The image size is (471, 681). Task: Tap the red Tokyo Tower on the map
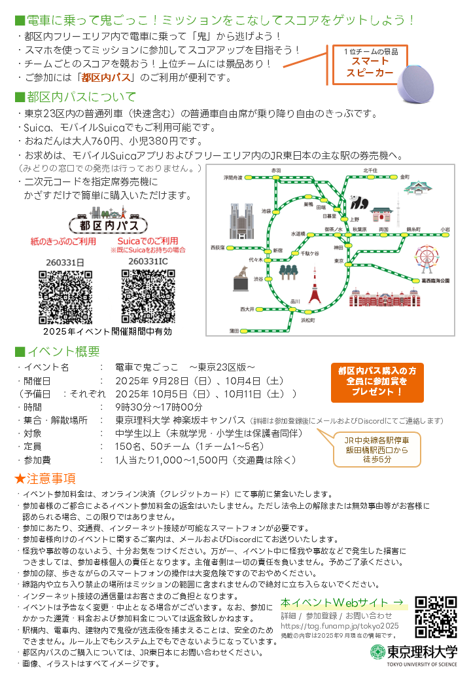(x=315, y=285)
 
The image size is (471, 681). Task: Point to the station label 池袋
(x=266, y=211)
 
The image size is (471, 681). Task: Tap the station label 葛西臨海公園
(x=436, y=280)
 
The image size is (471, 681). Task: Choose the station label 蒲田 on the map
(x=234, y=331)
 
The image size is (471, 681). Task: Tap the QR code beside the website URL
(x=436, y=617)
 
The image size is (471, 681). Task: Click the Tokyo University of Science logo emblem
(x=378, y=653)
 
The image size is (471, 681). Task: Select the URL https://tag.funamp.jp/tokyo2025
(x=340, y=626)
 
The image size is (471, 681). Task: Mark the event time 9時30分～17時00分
(x=159, y=407)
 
